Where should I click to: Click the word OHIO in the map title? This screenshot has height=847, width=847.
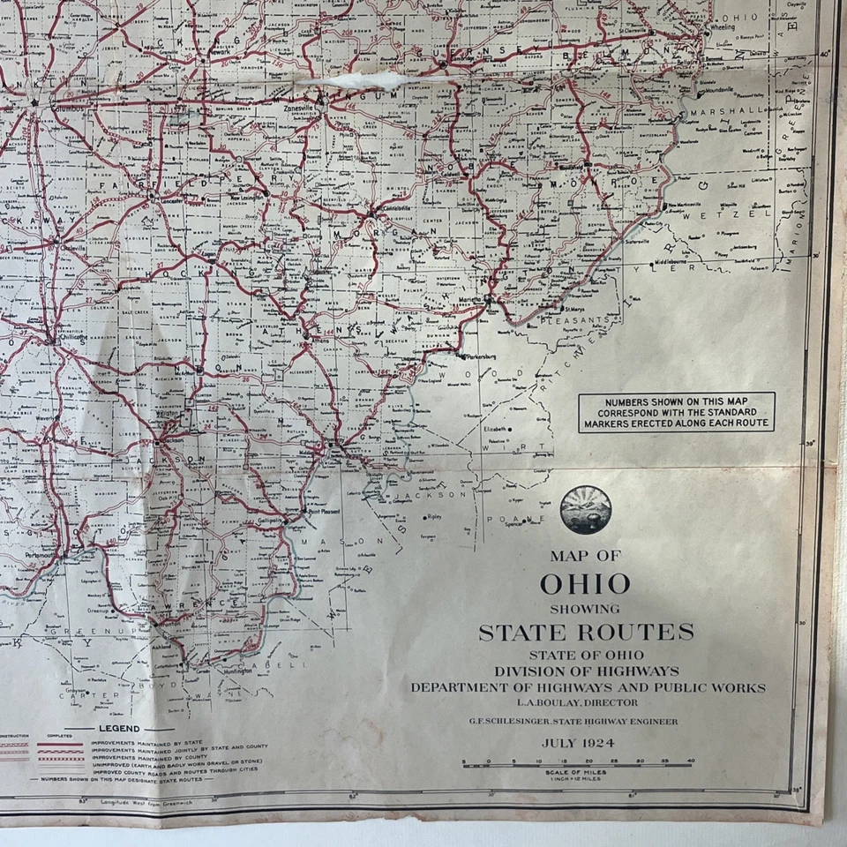(x=585, y=584)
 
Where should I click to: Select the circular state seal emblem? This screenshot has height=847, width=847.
(x=585, y=511)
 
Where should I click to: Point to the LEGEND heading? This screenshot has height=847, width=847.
(x=118, y=729)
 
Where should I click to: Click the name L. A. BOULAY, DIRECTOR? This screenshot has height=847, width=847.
(x=586, y=702)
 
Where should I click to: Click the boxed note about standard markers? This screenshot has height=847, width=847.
(x=677, y=412)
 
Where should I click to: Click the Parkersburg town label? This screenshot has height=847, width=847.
(x=478, y=357)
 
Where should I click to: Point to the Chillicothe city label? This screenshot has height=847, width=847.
(x=74, y=338)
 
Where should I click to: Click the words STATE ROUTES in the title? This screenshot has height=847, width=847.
(x=586, y=632)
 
